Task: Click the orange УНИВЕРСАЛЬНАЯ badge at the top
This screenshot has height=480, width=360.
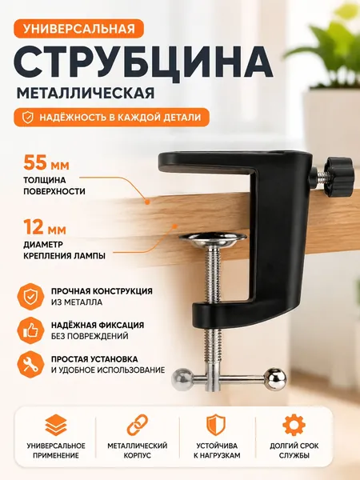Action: pos(78,29)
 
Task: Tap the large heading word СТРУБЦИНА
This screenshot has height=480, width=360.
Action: pos(143,62)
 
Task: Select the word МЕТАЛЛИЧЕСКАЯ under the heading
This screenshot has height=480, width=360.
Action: pos(86,94)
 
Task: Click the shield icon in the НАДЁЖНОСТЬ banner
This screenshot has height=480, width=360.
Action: pos(28,118)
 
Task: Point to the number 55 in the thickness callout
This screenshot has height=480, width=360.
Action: pos(35,162)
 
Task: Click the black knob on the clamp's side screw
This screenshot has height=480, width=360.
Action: pos(336,176)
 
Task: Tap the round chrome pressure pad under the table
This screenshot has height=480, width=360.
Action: pos(214,239)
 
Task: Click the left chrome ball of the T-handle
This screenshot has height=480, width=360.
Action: pos(182,379)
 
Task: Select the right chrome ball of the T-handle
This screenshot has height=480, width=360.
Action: pos(275,378)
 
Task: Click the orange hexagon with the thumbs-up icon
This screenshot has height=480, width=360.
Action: pos(30,330)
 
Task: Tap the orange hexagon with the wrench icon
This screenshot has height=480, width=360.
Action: pos(30,364)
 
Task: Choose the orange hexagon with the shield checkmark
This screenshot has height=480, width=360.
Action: pos(30,296)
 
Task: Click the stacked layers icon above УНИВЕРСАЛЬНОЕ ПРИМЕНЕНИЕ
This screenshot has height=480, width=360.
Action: pos(56,425)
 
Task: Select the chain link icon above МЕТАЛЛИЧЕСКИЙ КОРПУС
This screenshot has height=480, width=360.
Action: pos(138,425)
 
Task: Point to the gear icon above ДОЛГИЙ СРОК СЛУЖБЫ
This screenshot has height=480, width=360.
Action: pos(294,425)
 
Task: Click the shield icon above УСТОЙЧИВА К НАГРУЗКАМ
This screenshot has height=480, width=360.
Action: pos(216,425)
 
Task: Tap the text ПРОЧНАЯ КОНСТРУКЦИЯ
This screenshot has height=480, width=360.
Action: pos(102,291)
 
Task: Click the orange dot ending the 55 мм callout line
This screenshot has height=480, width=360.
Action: pos(147,202)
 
